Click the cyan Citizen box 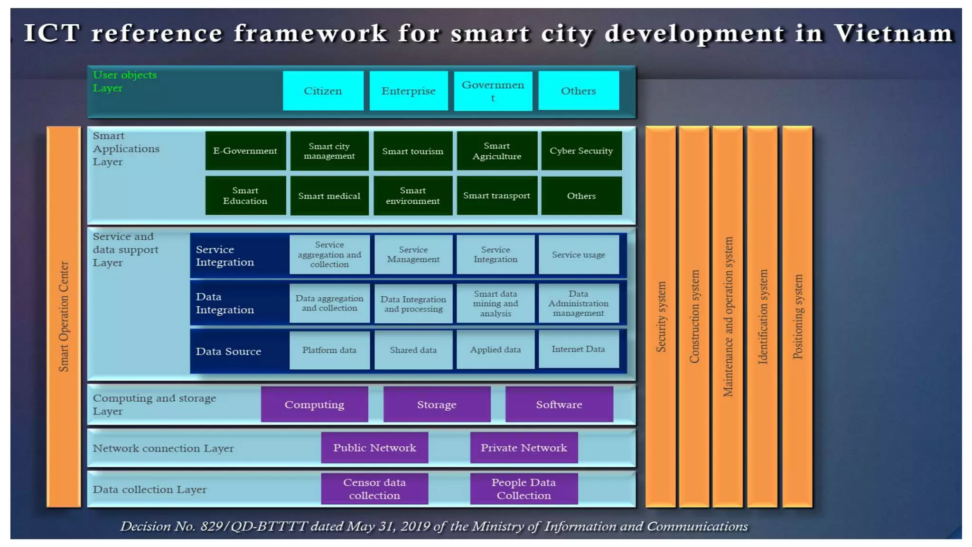click(323, 91)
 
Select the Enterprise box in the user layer click(408, 91)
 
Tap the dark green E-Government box click(245, 151)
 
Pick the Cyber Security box click(581, 151)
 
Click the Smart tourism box click(412, 151)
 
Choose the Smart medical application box click(329, 196)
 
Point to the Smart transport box click(496, 196)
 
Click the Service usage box click(578, 255)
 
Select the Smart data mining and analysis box click(495, 303)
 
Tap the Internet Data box click(578, 349)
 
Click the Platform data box click(329, 350)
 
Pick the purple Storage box click(437, 405)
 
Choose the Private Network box click(523, 448)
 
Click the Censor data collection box click(374, 489)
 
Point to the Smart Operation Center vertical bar click(64, 316)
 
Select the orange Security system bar click(660, 316)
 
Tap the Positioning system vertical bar click(797, 316)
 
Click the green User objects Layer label click(124, 81)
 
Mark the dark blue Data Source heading click(228, 351)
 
